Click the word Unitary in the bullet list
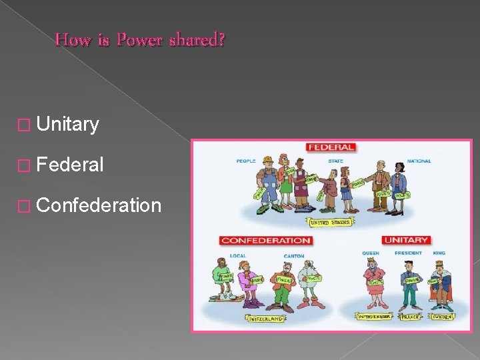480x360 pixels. click(x=68, y=124)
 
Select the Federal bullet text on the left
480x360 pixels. click(x=70, y=165)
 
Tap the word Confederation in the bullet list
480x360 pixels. click(x=99, y=205)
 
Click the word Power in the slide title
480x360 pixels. click(x=140, y=40)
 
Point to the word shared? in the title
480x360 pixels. click(x=197, y=40)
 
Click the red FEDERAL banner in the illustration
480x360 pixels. click(x=331, y=147)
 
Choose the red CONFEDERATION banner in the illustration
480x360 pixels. click(x=266, y=240)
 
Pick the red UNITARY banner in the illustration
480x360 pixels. click(x=405, y=240)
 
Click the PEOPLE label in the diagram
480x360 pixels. click(x=245, y=161)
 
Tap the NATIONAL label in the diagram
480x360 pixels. click(x=419, y=161)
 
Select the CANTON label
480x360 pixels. click(x=294, y=255)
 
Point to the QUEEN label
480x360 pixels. click(x=371, y=253)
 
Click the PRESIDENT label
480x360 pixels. click(x=408, y=253)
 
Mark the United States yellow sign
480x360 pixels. click(x=330, y=223)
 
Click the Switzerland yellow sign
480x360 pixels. click(x=266, y=319)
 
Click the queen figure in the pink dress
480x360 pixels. click(x=373, y=283)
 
